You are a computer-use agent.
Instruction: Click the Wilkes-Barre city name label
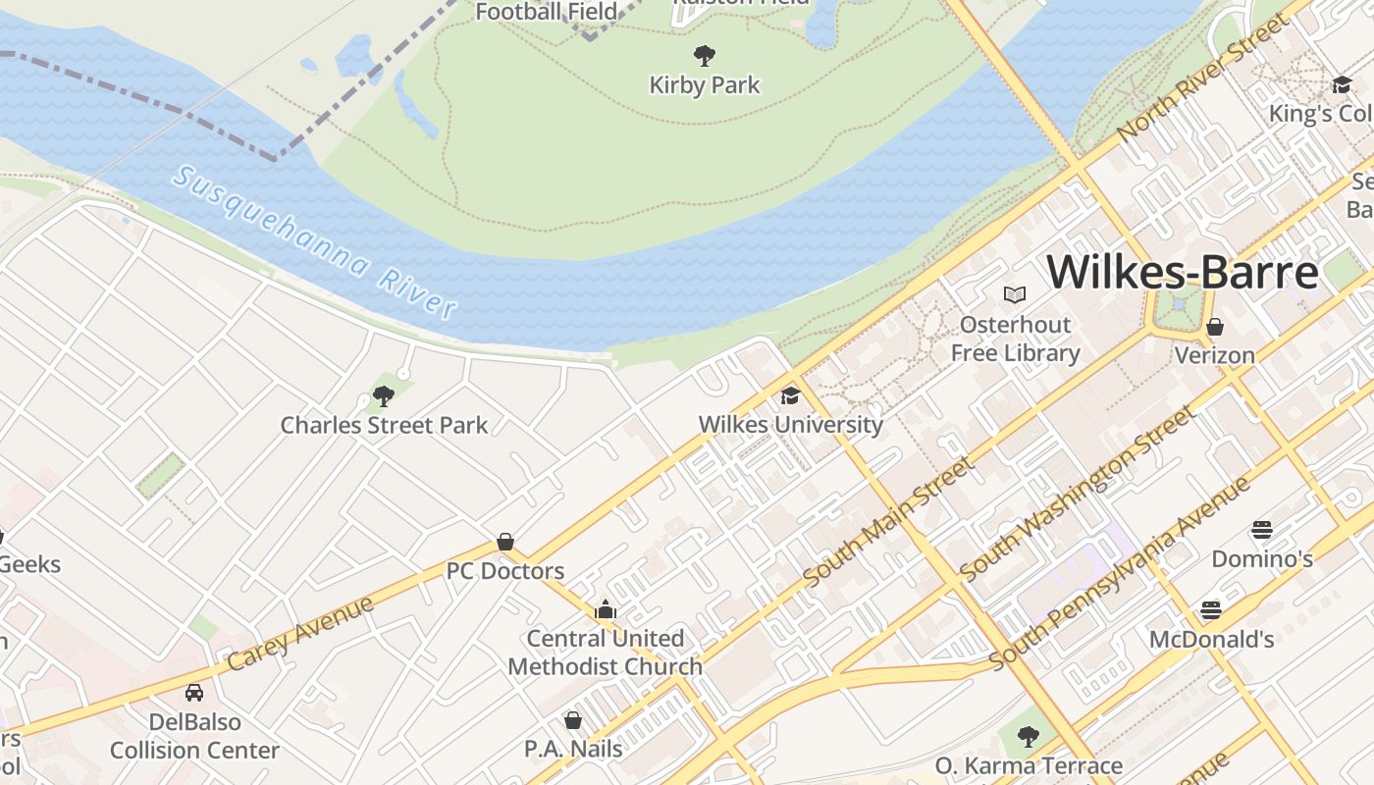(x=1183, y=272)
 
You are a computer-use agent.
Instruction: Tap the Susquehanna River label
(x=314, y=242)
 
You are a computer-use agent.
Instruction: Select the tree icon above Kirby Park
(x=704, y=55)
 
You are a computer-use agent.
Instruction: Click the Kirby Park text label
(x=705, y=85)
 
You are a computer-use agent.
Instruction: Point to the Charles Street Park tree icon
(x=384, y=396)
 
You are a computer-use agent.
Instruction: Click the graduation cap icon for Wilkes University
(x=790, y=395)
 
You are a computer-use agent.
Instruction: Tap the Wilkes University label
(x=790, y=425)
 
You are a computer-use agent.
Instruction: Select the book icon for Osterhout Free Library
(x=1015, y=294)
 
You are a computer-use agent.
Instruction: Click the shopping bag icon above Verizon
(x=1215, y=327)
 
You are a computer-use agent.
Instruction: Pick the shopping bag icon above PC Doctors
(x=505, y=542)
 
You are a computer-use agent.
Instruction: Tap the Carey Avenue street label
(x=300, y=633)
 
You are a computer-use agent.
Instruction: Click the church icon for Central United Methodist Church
(x=606, y=610)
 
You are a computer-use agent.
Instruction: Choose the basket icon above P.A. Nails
(x=573, y=721)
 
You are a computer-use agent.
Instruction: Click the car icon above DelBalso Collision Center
(x=194, y=693)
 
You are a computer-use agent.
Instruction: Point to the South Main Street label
(x=888, y=522)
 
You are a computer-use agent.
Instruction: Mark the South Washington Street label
(x=1078, y=493)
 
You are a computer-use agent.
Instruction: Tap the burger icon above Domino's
(x=1262, y=531)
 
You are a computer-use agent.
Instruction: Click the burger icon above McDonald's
(x=1211, y=610)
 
